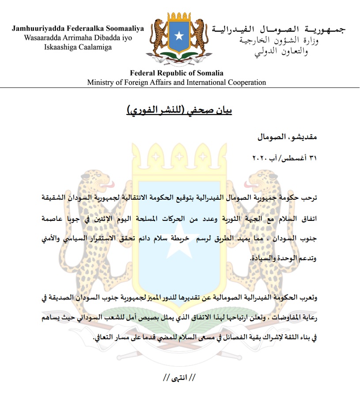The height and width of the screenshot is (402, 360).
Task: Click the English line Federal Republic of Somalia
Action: tap(177, 73)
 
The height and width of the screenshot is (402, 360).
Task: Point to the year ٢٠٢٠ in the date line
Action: tap(257, 158)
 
